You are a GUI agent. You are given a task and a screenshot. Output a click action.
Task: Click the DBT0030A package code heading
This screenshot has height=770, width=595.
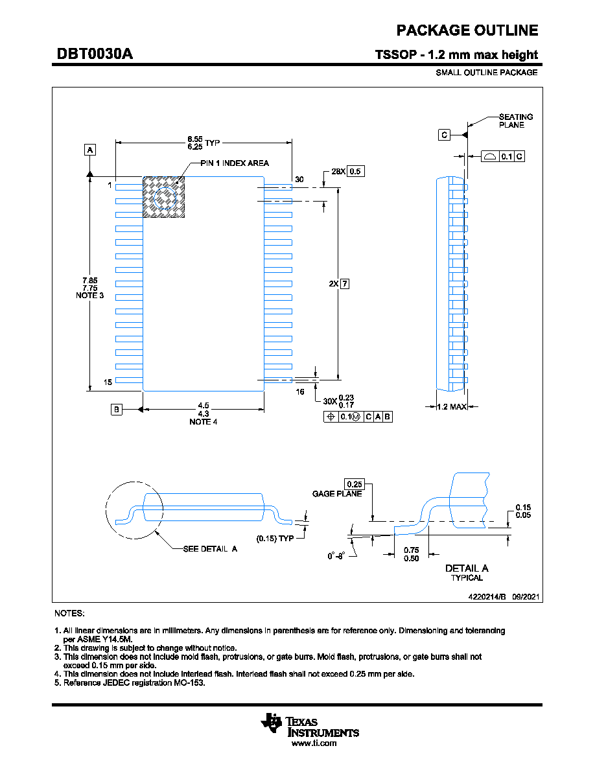pyautogui.click(x=95, y=54)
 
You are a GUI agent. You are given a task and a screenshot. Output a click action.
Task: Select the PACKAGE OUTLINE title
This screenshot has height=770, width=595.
pyautogui.click(x=467, y=30)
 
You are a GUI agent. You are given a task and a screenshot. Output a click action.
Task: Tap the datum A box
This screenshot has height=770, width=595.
pyautogui.click(x=90, y=150)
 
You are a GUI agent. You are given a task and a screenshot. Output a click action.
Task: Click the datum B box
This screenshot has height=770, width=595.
pyautogui.click(x=117, y=409)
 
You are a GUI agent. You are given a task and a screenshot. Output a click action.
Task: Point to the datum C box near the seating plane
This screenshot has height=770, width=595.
pyautogui.click(x=444, y=135)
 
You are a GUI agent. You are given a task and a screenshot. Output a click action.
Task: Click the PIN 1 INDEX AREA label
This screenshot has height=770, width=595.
pyautogui.click(x=235, y=163)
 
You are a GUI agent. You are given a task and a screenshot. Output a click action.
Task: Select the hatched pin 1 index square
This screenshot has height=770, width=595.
pyautogui.click(x=163, y=197)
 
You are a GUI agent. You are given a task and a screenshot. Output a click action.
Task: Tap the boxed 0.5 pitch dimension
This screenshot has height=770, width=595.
pyautogui.click(x=355, y=171)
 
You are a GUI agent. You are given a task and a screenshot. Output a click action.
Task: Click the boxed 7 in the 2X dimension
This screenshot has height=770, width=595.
pyautogui.click(x=345, y=284)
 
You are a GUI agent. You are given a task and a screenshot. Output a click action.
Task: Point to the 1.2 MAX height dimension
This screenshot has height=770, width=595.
pyautogui.click(x=452, y=406)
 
